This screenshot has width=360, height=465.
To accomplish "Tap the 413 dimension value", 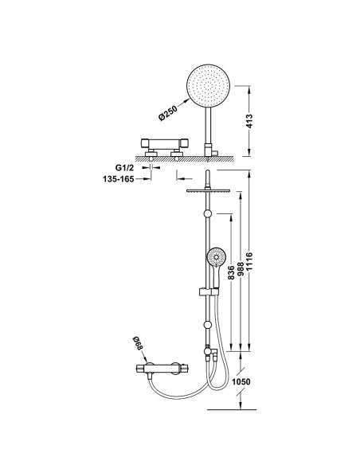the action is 249,121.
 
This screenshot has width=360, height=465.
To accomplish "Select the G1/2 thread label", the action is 124,168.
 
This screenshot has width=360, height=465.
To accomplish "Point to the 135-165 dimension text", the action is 119,179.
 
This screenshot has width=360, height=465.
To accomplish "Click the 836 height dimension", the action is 231,272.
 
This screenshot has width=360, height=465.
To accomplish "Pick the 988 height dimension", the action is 241,269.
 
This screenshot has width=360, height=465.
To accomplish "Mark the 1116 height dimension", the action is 249,261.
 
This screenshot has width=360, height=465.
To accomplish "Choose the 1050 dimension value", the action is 241,381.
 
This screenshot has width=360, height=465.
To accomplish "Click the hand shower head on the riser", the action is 217,258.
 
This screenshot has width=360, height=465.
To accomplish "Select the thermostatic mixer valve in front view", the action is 162,369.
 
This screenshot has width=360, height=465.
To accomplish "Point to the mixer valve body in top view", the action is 165,144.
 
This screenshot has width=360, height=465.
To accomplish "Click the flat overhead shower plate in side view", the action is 209,190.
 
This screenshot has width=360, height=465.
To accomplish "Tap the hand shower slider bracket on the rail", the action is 209,291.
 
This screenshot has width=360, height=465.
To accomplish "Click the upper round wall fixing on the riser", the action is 208,214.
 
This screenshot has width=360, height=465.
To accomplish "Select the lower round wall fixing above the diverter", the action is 208,326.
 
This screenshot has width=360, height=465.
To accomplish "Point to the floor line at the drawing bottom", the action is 232,410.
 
